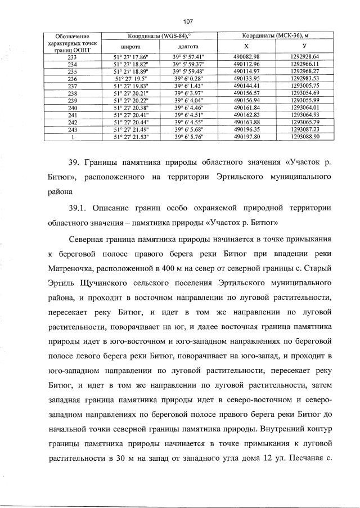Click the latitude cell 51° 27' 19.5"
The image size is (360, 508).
(x=130, y=79)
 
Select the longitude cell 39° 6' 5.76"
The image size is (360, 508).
(x=188, y=136)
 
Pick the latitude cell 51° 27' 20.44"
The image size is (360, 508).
(x=130, y=122)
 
